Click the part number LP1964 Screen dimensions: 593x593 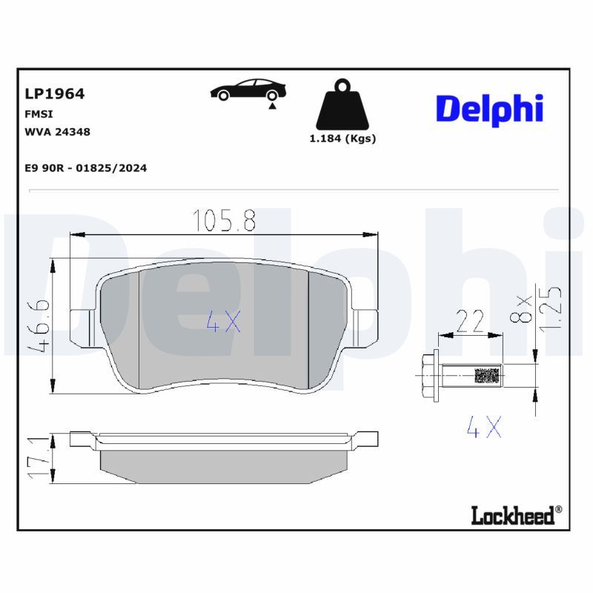click(x=54, y=94)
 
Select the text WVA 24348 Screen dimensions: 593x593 click(x=58, y=132)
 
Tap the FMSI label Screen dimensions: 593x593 click(x=39, y=114)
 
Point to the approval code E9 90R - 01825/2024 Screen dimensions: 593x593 click(x=86, y=168)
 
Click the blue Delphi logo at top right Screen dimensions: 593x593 click(x=489, y=109)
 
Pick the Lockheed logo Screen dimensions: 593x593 click(x=517, y=514)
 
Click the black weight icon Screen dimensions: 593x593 click(x=342, y=105)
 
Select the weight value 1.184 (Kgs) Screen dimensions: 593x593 click(x=342, y=139)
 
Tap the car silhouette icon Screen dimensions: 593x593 click(x=248, y=90)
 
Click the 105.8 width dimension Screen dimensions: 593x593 click(x=225, y=220)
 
